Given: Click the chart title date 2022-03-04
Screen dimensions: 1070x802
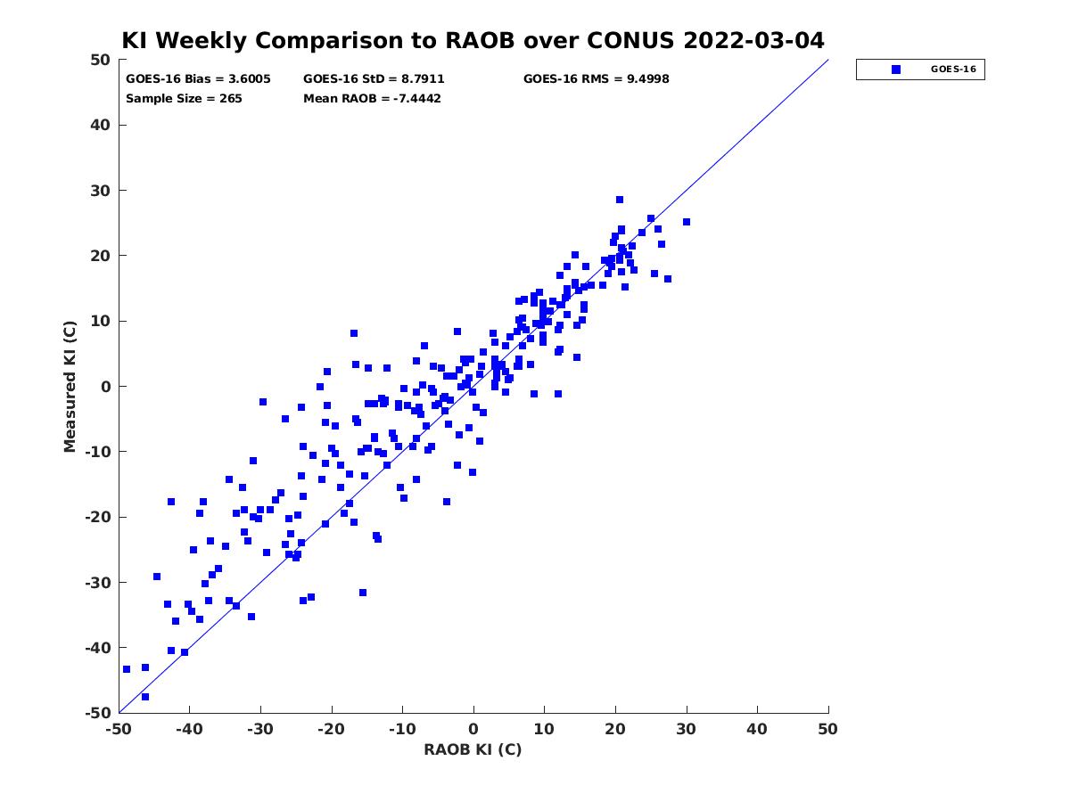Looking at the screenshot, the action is pyautogui.click(x=753, y=40).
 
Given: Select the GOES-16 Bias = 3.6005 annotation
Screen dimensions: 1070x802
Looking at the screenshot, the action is pyautogui.click(x=198, y=79).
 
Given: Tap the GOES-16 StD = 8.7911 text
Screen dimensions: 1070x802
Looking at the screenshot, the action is pyautogui.click(x=374, y=79).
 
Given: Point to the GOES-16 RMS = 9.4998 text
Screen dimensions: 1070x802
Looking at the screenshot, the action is pyautogui.click(x=596, y=79).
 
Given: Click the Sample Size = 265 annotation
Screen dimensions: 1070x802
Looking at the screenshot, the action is pyautogui.click(x=184, y=99).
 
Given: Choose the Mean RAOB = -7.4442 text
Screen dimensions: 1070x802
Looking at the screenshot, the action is pyautogui.click(x=372, y=99).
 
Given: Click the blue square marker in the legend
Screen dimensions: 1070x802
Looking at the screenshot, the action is pyautogui.click(x=896, y=70).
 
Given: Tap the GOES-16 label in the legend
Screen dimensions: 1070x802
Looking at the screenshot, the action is pyautogui.click(x=953, y=70).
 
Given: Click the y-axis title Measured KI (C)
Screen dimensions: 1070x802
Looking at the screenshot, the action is pyautogui.click(x=70, y=386).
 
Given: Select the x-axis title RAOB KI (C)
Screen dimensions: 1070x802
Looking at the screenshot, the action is pyautogui.click(x=473, y=749).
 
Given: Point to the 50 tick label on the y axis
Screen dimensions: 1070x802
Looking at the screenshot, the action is pyautogui.click(x=101, y=60).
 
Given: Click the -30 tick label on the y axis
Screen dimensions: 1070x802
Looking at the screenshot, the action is pyautogui.click(x=98, y=582).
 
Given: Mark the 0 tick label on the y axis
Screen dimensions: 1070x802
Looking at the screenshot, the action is pyautogui.click(x=106, y=386).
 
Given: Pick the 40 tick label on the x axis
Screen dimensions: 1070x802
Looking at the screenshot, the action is pyautogui.click(x=757, y=729).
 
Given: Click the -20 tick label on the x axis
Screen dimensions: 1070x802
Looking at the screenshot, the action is pyautogui.click(x=331, y=729).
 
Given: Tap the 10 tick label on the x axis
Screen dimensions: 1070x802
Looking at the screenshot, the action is pyautogui.click(x=544, y=729).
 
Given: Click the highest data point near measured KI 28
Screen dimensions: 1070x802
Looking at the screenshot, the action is pyautogui.click(x=620, y=200).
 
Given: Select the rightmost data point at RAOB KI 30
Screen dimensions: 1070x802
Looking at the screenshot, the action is pyautogui.click(x=687, y=222).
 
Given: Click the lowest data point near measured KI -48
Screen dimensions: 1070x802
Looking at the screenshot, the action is pyautogui.click(x=145, y=697).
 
